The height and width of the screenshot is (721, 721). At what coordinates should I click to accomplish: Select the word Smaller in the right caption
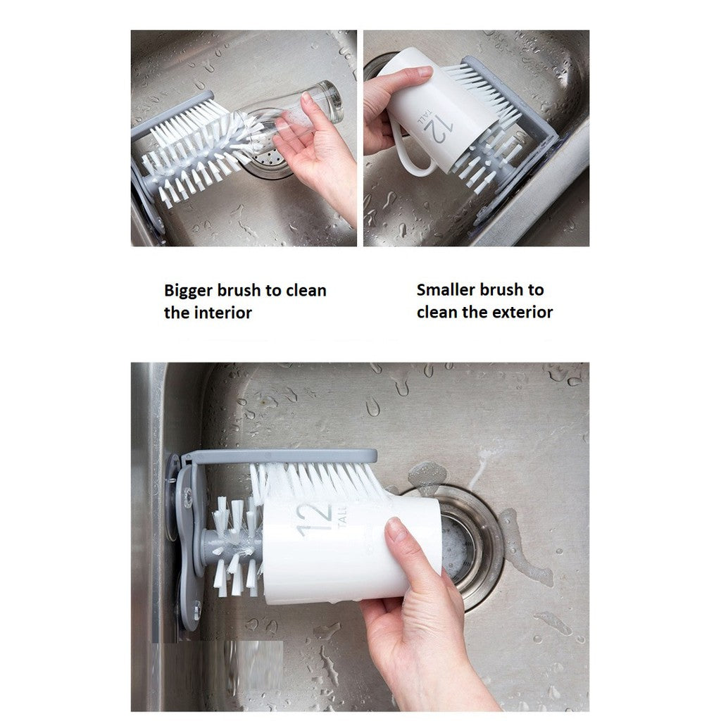(x=446, y=289)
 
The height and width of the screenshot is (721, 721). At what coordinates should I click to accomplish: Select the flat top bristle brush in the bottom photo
(x=317, y=479)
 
